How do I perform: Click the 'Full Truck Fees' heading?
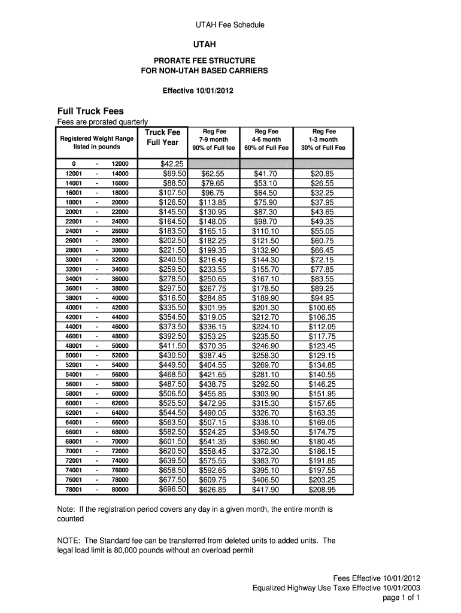tap(90, 111)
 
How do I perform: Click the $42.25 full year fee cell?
tap(172, 164)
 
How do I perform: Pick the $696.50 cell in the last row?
tap(172, 490)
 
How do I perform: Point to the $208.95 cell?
tap(323, 490)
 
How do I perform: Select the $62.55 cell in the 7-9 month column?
tap(213, 174)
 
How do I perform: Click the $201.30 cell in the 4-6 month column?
tap(266, 308)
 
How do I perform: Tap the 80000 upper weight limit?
tap(120, 490)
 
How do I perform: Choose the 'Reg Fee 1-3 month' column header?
tap(323, 139)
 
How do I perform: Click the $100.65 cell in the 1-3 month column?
tap(323, 308)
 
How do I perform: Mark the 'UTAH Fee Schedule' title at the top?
tap(230, 25)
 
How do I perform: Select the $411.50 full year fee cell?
tap(172, 346)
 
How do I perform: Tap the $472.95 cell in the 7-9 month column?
tap(213, 403)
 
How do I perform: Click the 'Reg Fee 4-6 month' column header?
tap(266, 139)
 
